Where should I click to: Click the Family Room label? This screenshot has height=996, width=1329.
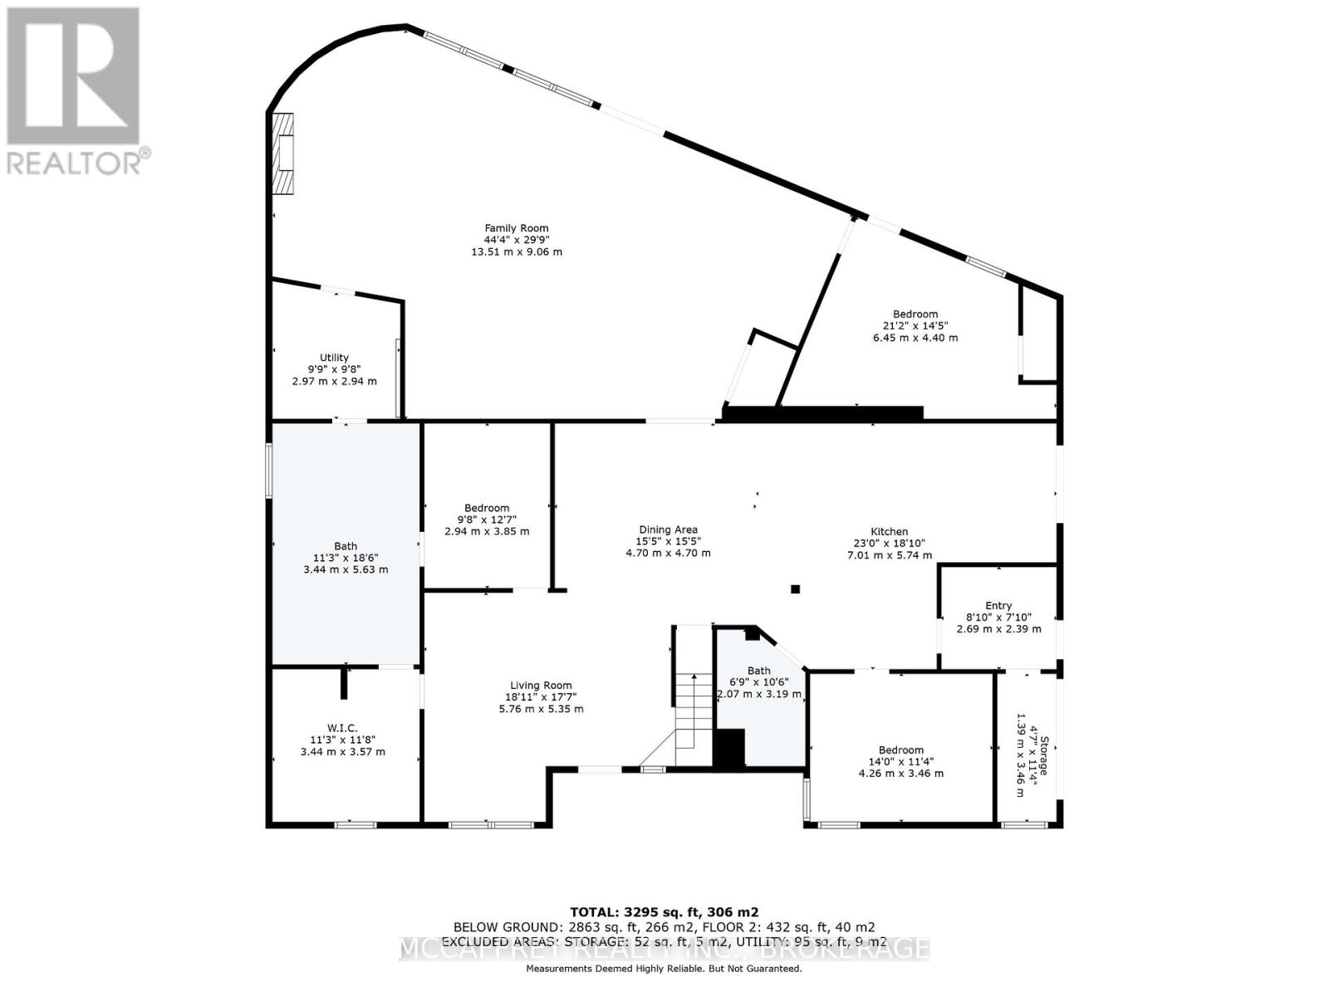517,228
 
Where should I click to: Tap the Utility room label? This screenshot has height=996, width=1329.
334,358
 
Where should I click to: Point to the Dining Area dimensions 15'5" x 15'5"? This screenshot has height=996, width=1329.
668,541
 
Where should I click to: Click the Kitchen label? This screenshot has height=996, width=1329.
889,532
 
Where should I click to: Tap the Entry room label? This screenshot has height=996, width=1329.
998,606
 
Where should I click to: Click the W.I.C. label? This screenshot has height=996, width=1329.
342,728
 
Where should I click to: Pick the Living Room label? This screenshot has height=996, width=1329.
541,686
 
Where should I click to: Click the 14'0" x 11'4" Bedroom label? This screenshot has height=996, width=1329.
901,749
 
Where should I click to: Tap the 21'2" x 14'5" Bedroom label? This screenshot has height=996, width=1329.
915,314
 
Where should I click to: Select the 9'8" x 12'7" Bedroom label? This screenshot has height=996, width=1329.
487,508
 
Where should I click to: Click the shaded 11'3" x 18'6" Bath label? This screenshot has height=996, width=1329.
346,546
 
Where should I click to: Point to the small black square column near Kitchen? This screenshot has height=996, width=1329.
795,589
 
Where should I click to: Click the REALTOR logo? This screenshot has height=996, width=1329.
75,91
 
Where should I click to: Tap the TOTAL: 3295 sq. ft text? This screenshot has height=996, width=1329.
664,911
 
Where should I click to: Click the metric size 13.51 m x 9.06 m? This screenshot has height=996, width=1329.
517,251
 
